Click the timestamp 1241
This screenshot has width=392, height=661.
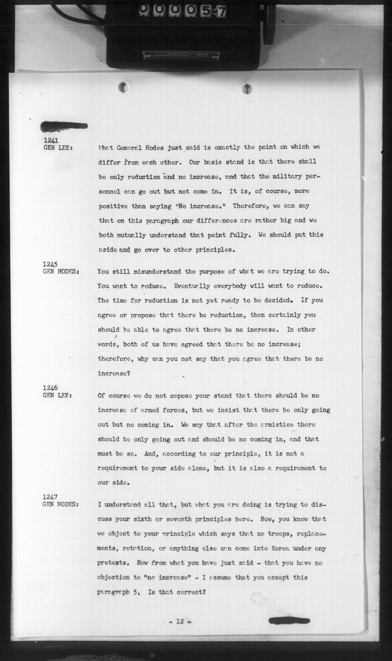coord(51,140)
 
